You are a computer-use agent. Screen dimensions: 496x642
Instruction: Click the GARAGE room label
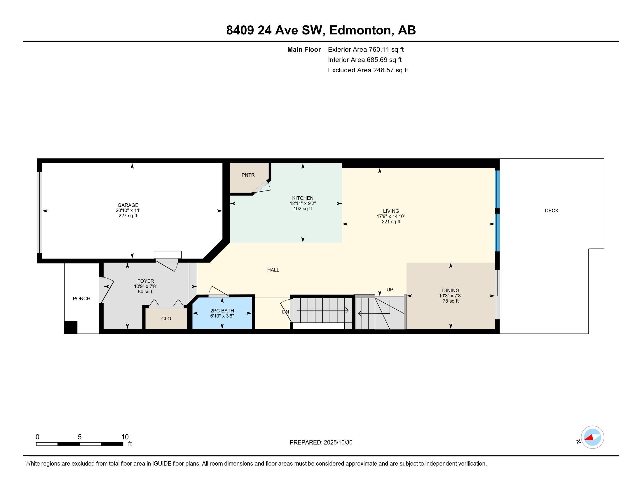[x=128, y=205]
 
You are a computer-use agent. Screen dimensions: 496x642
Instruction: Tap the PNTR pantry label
[x=248, y=175]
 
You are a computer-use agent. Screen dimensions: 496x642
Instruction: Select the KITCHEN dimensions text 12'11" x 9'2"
[x=303, y=203]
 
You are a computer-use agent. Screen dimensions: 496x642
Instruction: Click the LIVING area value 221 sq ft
[x=391, y=221]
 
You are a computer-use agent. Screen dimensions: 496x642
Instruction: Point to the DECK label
[x=552, y=210]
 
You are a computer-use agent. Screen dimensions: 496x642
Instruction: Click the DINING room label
[x=450, y=290]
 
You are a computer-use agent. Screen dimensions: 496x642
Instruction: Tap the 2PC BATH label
[x=222, y=311]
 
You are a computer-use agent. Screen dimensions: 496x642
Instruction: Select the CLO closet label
[x=166, y=319]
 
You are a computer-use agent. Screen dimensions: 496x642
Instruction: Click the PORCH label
[x=81, y=298]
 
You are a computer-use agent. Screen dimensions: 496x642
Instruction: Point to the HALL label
[x=273, y=270]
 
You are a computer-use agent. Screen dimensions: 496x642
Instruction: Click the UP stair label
[x=390, y=289]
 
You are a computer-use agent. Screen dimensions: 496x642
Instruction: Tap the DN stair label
[x=285, y=312]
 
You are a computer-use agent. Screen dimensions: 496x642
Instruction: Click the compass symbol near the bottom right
[x=592, y=437]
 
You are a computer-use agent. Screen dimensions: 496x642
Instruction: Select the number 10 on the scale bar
[x=125, y=437]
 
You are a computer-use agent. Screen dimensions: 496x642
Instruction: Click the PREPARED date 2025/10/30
[x=338, y=442]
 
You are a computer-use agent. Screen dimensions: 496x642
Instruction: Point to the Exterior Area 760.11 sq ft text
[x=366, y=49]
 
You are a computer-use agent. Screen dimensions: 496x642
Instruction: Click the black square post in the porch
[x=71, y=327]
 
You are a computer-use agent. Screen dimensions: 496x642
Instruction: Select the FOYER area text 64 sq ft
[x=146, y=291]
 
